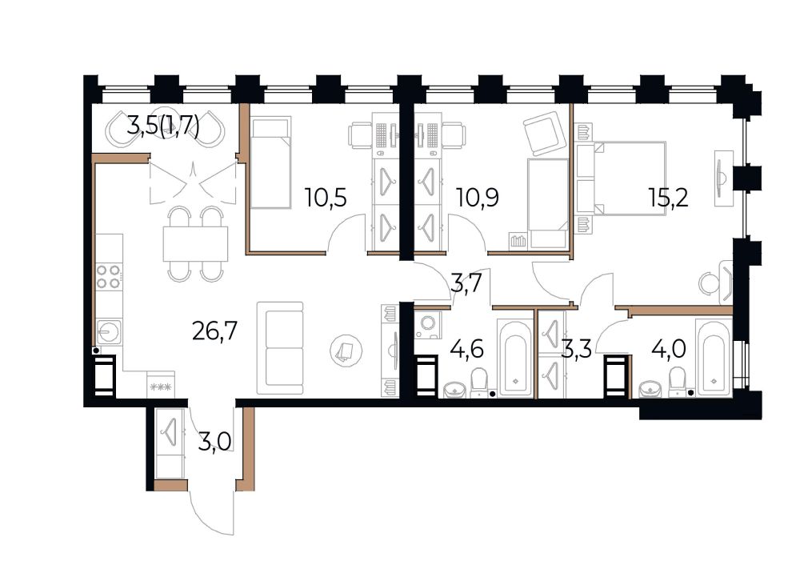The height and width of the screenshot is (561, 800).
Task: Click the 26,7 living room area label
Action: coord(214,331)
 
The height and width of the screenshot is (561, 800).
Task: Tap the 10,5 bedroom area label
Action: coord(326,197)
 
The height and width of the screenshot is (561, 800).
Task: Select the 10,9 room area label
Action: coord(478,197)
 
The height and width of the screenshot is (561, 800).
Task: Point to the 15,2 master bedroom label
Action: coord(668,197)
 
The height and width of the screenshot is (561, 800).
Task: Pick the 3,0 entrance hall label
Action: coord(214,441)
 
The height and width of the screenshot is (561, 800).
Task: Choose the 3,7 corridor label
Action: coord(466,283)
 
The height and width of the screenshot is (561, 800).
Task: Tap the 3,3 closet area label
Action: coord(577,350)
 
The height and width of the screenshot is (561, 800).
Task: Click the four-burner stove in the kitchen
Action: coord(109,276)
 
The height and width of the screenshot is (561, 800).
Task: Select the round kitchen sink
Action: coord(108,332)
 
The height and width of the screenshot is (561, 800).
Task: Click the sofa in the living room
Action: coord(279,348)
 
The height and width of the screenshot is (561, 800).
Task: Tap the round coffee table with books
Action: coord(346,351)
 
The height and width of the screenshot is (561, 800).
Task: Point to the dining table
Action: coord(195,243)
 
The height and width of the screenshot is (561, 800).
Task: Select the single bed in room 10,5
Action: coord(270,162)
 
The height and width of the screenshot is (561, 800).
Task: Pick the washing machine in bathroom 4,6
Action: coord(427,325)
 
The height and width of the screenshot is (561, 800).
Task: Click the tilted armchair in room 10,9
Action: coord(543,133)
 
